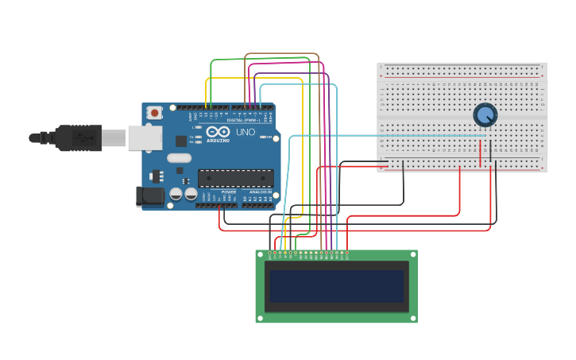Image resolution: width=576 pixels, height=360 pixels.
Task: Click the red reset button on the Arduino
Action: coord(154,113)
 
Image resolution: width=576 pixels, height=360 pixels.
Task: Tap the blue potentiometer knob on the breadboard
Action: coord(485,115)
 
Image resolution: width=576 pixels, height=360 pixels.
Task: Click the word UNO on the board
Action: coord(245,132)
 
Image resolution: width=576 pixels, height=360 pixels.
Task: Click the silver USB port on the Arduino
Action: coord(145,138)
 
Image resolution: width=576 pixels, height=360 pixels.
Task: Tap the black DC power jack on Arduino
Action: coord(149,196)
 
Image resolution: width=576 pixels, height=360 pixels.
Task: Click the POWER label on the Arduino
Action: coord(229,192)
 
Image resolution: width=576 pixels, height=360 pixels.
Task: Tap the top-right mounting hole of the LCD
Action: coord(412,255)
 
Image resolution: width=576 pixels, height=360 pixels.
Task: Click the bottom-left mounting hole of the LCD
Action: coord(260,318)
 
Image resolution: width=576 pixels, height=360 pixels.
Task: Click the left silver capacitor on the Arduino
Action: coord(176,193)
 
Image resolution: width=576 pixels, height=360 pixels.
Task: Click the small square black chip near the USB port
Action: coord(181,141)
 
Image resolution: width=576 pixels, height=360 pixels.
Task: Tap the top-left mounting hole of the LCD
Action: coord(260,255)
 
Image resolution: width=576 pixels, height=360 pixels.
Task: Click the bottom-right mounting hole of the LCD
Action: coord(412,318)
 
